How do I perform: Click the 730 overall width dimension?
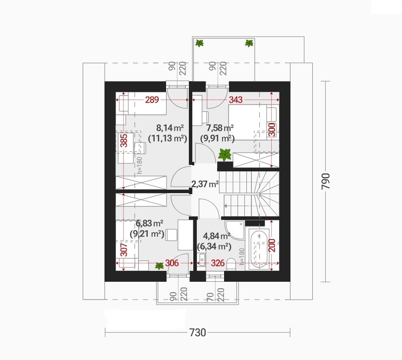point(198,332)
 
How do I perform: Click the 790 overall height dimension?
point(326,181)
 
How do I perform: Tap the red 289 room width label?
point(152,100)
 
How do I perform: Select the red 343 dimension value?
point(235,100)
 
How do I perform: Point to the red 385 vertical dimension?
point(123,141)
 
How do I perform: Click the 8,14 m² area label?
point(170,127)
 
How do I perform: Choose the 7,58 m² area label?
point(220,127)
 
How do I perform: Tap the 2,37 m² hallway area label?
point(205,184)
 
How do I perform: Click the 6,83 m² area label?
point(150,223)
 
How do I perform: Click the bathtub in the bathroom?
point(259,248)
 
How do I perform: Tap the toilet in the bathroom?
point(231,264)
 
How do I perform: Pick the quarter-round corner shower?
point(234,229)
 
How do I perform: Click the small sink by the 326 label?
point(202,259)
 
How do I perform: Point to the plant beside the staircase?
point(225,154)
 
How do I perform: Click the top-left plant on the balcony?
point(199,43)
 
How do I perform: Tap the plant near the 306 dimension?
point(159,266)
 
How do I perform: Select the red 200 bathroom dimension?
point(272,245)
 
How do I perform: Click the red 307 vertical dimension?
point(123,250)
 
